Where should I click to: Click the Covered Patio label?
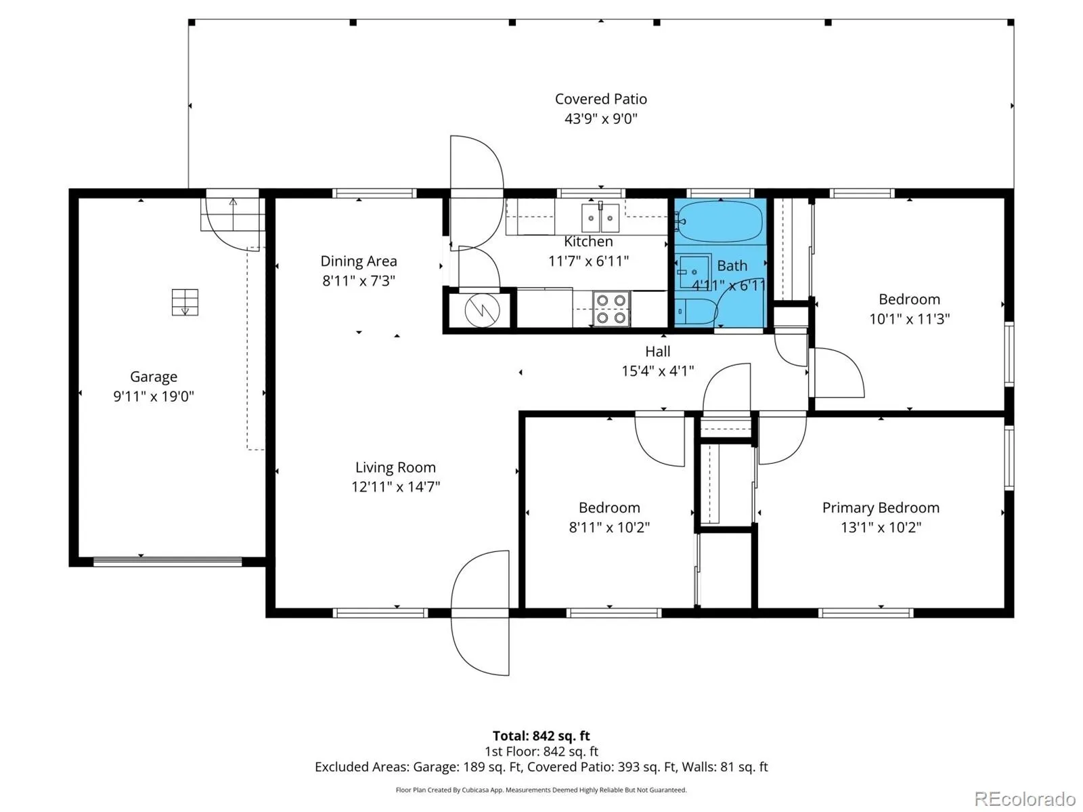(600, 99)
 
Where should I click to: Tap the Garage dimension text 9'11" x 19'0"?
(154, 396)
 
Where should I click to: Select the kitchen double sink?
(600, 217)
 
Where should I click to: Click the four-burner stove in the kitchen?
(611, 309)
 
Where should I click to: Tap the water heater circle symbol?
(482, 310)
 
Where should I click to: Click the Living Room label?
(395, 467)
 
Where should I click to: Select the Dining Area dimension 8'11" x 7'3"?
(359, 280)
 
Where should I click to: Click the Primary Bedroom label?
(880, 507)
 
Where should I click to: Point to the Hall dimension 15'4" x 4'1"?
(658, 370)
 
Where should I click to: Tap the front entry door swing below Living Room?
(480, 613)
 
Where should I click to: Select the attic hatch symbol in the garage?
(185, 302)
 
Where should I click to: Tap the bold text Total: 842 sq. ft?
(541, 735)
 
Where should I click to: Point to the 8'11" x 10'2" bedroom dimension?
(609, 527)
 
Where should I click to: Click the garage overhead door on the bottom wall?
(167, 561)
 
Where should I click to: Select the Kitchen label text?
(588, 241)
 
